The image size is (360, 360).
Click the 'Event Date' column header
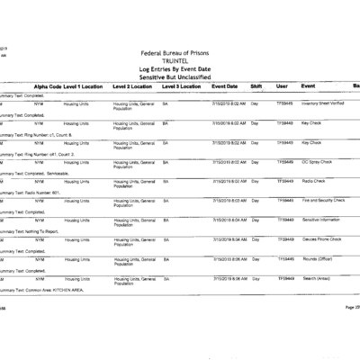tap(225, 86)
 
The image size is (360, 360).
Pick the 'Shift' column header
tap(256, 86)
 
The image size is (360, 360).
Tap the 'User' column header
tap(282, 86)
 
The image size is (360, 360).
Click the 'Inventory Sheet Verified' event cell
tap(325, 104)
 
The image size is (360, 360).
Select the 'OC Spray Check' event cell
tap(318, 162)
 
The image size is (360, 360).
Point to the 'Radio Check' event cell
tap(314, 182)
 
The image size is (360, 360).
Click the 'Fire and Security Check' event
tap(323, 201)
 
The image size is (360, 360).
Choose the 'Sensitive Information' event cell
tap(321, 220)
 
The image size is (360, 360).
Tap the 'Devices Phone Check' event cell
tap(321, 239)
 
